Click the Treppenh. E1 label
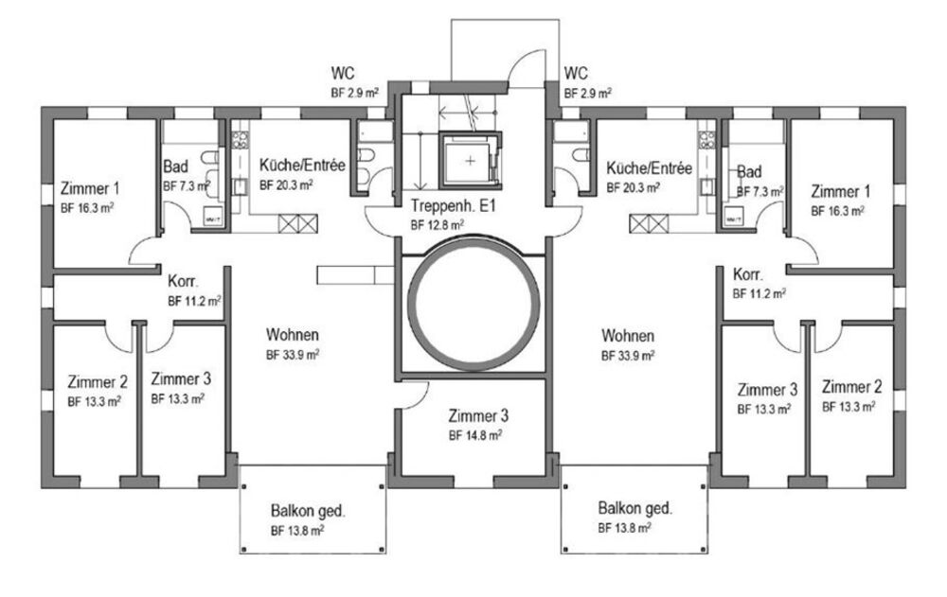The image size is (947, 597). pos(453,206)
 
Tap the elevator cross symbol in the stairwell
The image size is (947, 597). pos(471,161)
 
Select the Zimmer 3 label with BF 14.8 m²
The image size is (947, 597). pos(478,416)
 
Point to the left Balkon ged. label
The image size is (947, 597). pos(308,511)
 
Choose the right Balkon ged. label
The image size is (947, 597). pos(634,508)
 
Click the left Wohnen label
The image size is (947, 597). pos(293,334)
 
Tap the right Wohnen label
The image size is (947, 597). pos(628,336)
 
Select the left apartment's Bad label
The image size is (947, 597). pos(176,166)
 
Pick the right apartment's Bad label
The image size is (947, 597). pos(749,172)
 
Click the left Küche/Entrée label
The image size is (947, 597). pos(302,165)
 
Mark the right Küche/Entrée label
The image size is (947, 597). pos(650,167)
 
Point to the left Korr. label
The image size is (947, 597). pos(184,281)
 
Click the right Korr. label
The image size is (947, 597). pos(748,274)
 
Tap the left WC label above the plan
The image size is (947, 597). pos(343,74)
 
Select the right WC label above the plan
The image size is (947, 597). pos(576,74)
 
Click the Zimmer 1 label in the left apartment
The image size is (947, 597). pos(90,189)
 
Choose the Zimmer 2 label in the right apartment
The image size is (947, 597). pos(851,387)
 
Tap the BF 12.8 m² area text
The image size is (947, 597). pos(438,226)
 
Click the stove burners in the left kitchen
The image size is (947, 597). pos(240,140)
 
